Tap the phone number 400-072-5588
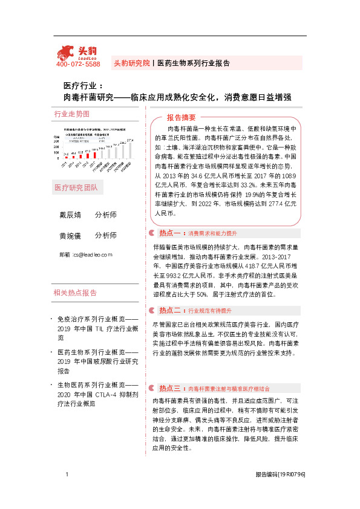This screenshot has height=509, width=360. pos(78,64)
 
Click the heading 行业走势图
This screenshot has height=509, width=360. pos(71,114)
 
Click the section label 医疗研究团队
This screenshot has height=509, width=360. pos(75,187)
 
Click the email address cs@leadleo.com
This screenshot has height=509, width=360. pos(92,255)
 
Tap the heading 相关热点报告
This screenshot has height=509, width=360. pos(75,293)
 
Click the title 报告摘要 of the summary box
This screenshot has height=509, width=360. pos(182,117)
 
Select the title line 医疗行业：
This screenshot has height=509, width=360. pos(83,86)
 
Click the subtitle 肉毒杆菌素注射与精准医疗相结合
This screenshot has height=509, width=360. pos(229,389)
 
